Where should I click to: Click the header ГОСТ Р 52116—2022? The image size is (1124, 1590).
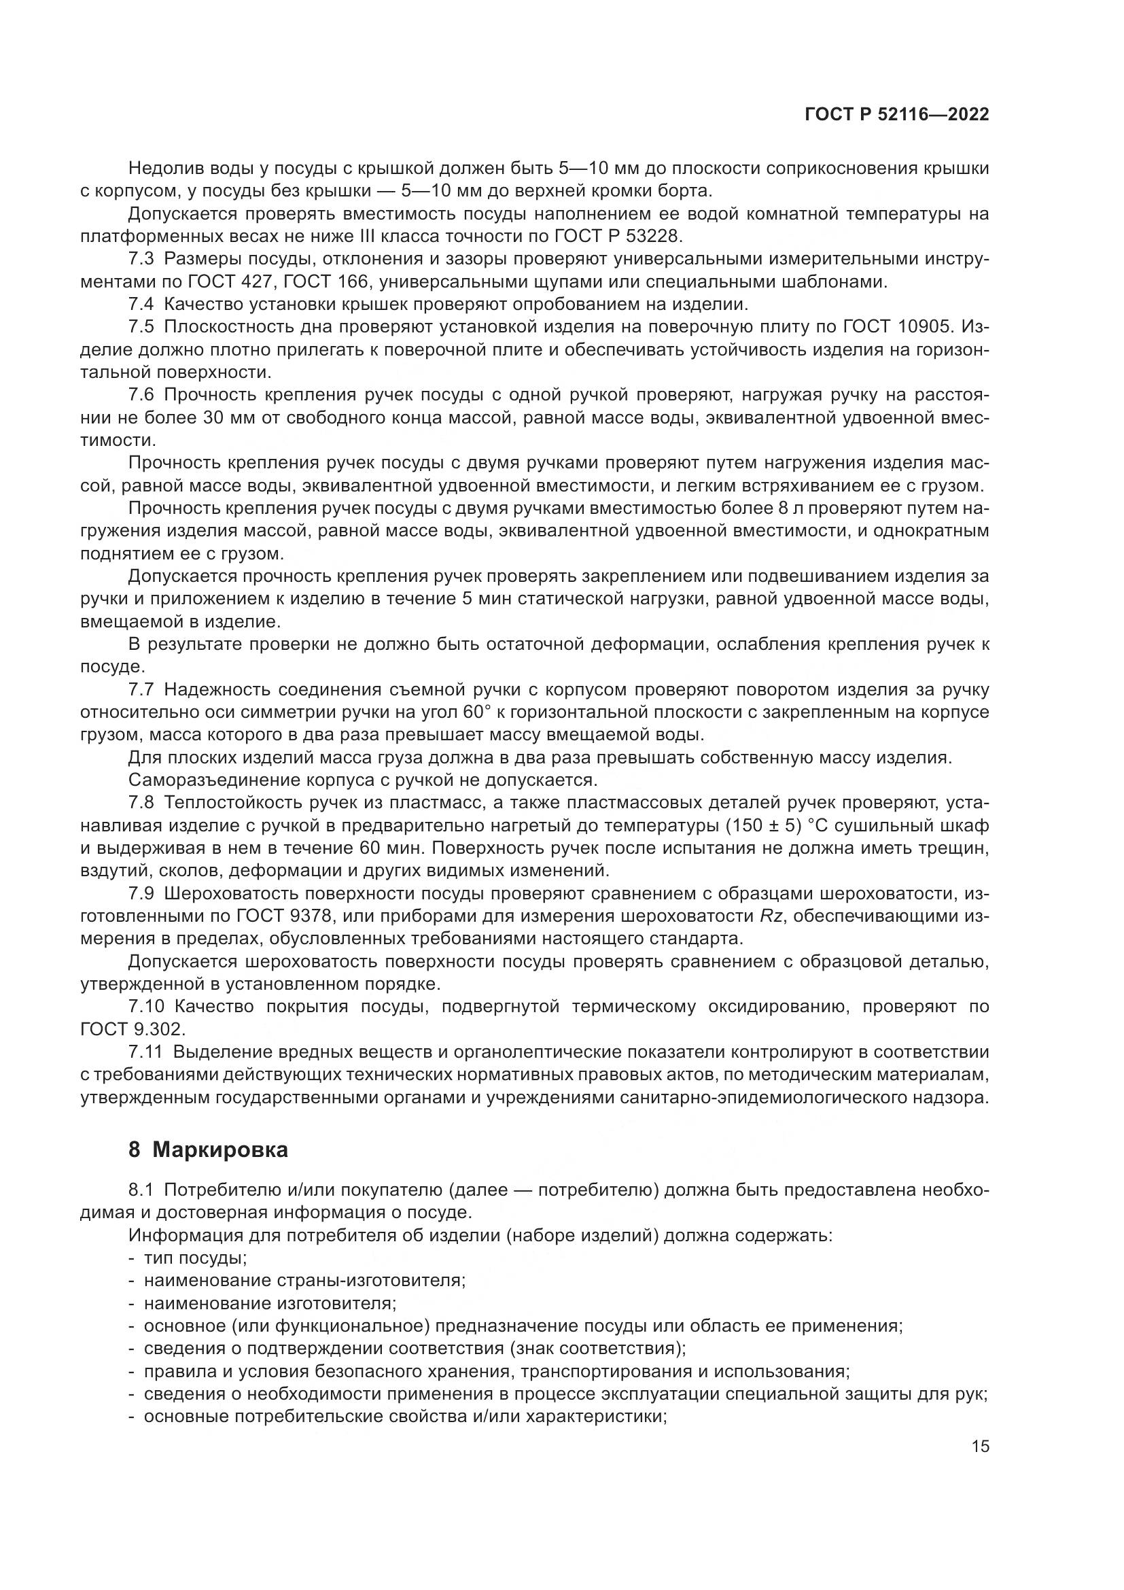pos(897,115)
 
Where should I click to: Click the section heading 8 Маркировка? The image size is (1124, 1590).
pos(209,1150)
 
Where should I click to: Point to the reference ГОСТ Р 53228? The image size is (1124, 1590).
pos(618,237)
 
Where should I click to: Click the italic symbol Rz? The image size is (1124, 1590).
pos(771,917)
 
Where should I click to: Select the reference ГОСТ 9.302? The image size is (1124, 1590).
pos(133,1030)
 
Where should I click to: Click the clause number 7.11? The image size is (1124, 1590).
pos(145,1052)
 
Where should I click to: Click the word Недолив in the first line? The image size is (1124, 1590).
pos(162,169)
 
